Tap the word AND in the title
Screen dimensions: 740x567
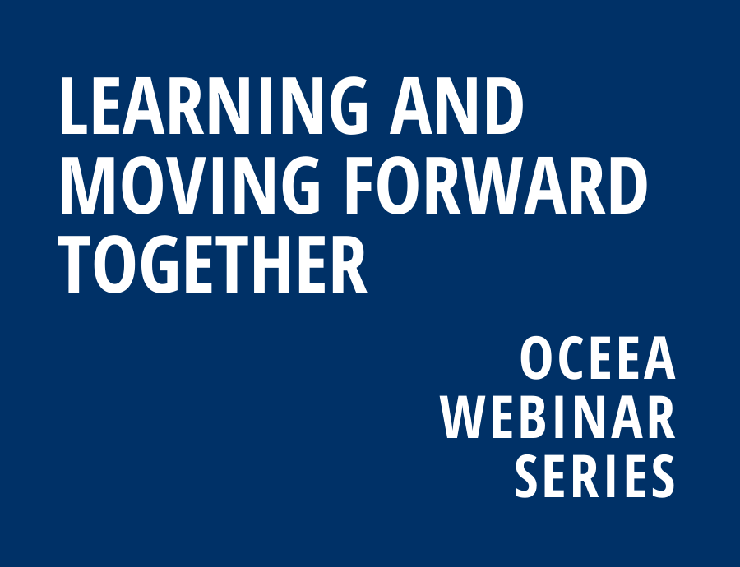click(x=456, y=106)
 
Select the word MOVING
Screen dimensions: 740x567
click(x=190, y=186)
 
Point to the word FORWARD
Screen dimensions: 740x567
click(x=497, y=186)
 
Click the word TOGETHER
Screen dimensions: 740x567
click(x=212, y=264)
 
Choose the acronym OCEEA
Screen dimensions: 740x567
click(x=598, y=358)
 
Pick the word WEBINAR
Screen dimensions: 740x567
click(x=558, y=417)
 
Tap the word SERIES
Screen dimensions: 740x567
click(x=594, y=476)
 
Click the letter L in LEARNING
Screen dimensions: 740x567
click(x=73, y=106)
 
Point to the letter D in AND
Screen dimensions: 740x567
click(x=502, y=106)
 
